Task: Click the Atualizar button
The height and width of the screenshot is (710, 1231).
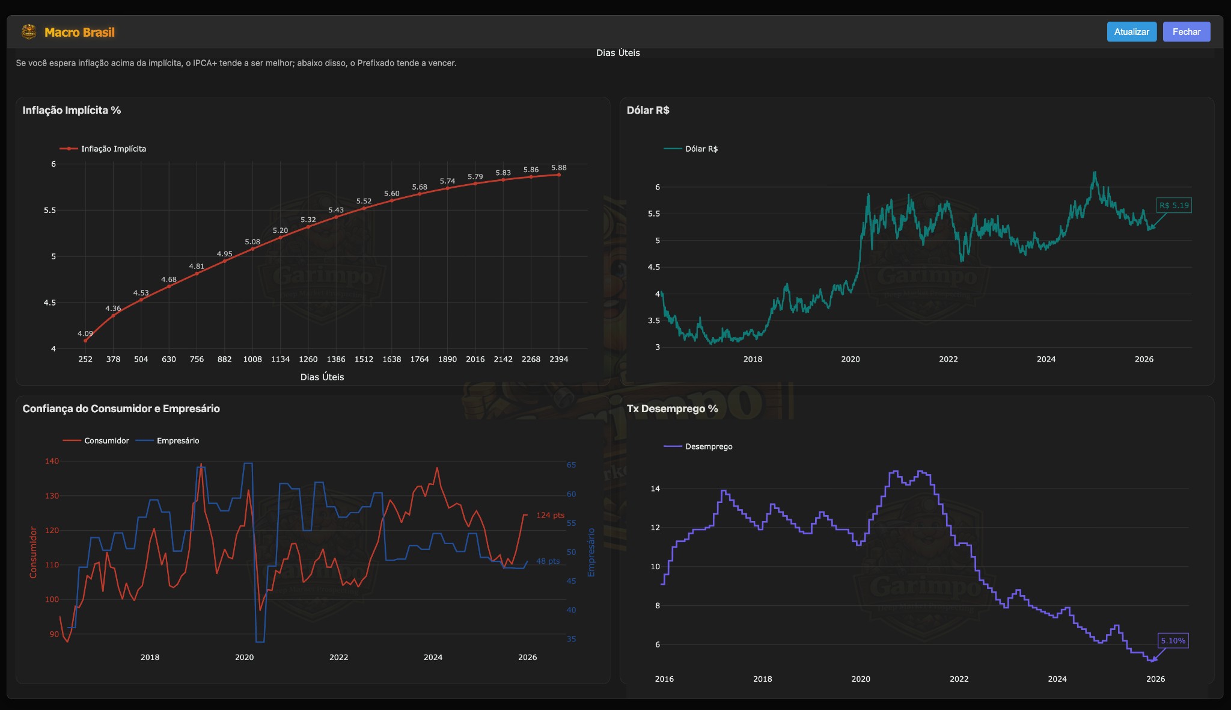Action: coord(1131,32)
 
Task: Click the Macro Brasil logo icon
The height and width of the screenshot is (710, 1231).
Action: coord(28,32)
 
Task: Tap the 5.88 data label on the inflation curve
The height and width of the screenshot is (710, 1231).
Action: coord(558,168)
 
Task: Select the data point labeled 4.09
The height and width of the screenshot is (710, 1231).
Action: coord(85,341)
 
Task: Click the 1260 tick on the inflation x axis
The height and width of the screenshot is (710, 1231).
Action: coord(308,359)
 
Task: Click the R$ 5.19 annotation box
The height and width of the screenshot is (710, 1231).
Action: coord(1174,205)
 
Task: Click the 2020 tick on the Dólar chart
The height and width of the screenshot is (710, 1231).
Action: coord(850,359)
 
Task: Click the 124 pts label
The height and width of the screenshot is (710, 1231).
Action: coord(550,515)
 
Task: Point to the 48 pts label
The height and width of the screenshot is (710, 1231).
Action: coord(548,561)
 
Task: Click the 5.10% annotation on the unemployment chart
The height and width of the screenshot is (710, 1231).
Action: coord(1173,641)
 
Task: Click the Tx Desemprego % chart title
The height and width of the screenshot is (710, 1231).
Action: coord(672,409)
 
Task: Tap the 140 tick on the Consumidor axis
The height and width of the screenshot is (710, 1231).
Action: coord(52,461)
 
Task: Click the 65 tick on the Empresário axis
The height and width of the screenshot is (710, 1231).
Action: coord(571,465)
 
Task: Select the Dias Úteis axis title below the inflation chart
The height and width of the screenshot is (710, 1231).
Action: coord(322,377)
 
